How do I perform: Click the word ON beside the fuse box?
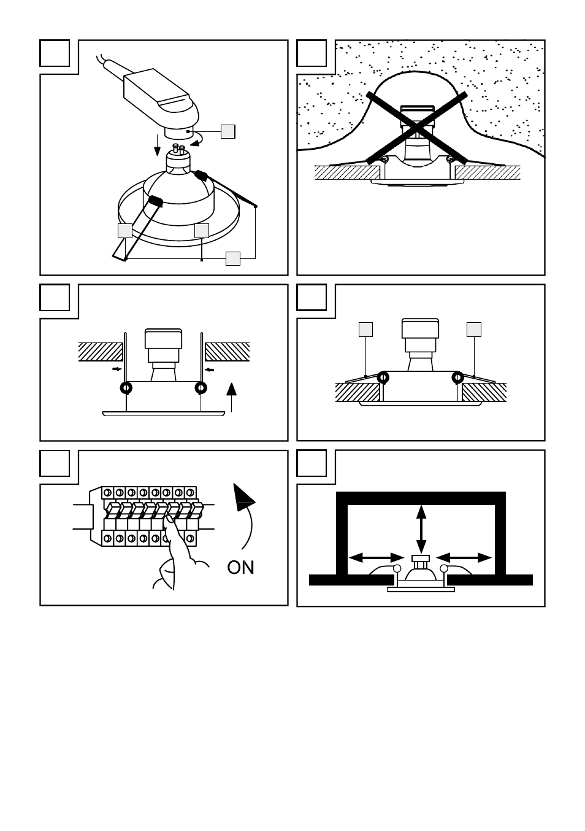(x=240, y=567)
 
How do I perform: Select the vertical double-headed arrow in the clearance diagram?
(x=421, y=528)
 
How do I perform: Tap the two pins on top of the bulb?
(x=179, y=147)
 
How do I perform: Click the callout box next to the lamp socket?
(x=227, y=131)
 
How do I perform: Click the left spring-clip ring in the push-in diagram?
(x=126, y=388)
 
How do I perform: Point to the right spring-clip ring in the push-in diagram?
(x=201, y=388)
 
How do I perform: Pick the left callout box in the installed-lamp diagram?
(x=365, y=329)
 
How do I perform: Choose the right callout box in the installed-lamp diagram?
(x=473, y=329)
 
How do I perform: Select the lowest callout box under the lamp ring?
(x=232, y=258)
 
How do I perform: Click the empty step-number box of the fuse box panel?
(x=55, y=463)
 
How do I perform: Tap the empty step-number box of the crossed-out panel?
(x=312, y=53)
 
